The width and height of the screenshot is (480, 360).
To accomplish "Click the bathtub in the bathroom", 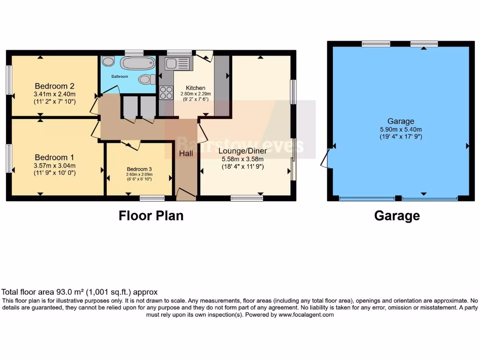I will pyautogui.click(x=137, y=63).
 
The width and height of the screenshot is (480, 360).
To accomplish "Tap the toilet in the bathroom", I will pyautogui.click(x=147, y=80).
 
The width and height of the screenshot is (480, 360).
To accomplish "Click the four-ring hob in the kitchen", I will pyautogui.click(x=166, y=93).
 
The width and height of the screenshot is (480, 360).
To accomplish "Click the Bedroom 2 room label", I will pyautogui.click(x=55, y=86).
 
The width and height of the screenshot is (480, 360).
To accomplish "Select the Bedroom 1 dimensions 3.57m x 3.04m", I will pyautogui.click(x=55, y=165).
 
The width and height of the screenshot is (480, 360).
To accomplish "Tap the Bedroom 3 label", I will pyautogui.click(x=139, y=169).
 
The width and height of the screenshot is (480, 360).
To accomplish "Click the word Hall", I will pyautogui.click(x=186, y=153).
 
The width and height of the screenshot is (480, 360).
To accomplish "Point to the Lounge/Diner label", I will pyautogui.click(x=242, y=151).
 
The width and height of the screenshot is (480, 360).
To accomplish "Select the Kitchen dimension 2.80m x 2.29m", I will pyautogui.click(x=196, y=94).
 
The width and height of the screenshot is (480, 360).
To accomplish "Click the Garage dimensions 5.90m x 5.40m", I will pyautogui.click(x=400, y=129).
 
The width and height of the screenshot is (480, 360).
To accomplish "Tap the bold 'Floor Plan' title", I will pyautogui.click(x=150, y=216).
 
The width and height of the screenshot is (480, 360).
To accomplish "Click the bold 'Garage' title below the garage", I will pyautogui.click(x=397, y=216).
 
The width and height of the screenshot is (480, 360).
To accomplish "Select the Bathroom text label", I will pyautogui.click(x=120, y=76).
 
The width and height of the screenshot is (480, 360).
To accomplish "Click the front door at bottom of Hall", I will pyautogui.click(x=186, y=195).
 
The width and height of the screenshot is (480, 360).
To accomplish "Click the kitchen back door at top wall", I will pyautogui.click(x=204, y=55).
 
